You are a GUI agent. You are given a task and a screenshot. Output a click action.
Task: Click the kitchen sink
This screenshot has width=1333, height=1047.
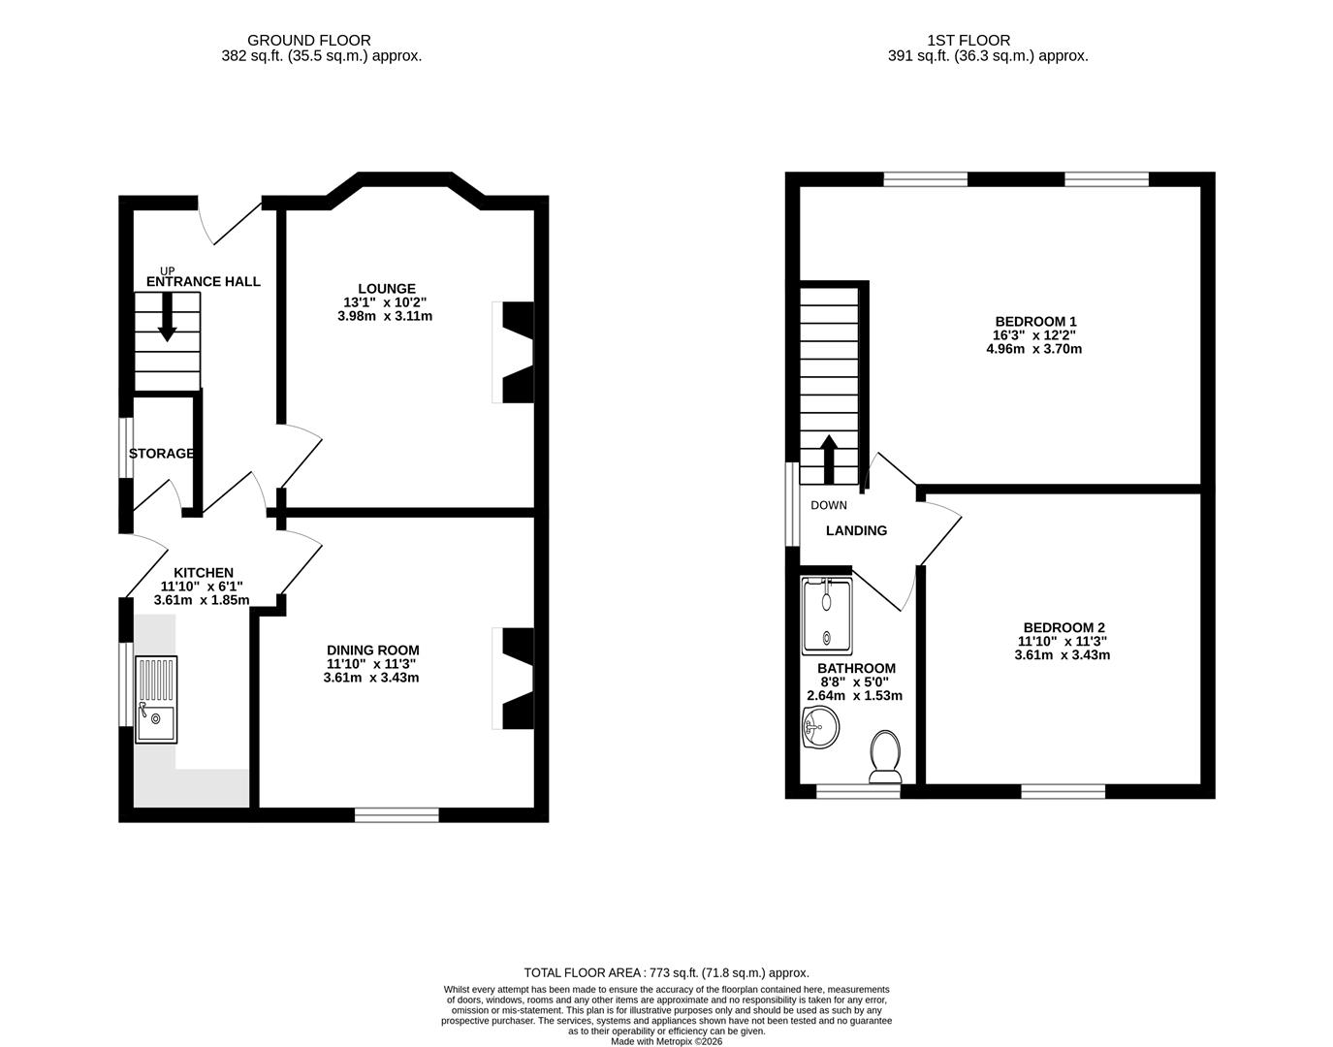(x=156, y=700)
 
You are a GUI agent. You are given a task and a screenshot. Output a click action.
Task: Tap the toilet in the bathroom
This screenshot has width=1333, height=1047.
(x=885, y=757)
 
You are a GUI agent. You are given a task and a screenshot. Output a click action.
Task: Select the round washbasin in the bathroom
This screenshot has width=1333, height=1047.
(x=820, y=727)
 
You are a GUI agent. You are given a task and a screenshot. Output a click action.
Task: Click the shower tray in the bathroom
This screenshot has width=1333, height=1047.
(x=826, y=616)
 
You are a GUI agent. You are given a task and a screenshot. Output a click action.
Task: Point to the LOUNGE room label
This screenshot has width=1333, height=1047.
(x=387, y=288)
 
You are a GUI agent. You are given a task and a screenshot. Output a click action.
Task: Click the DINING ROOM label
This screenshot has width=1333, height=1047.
(x=372, y=650)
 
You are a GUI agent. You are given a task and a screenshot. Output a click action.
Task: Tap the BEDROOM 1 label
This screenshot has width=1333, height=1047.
(x=1035, y=322)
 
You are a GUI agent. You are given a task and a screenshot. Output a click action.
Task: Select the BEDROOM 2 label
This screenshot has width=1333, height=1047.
(x=1063, y=627)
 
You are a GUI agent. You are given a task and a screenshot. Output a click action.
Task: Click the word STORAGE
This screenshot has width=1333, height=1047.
(x=161, y=454)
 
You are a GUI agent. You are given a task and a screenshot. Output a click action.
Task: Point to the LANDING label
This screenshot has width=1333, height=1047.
(x=856, y=530)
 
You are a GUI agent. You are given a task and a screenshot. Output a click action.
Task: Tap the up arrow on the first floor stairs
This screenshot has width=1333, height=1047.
(x=829, y=459)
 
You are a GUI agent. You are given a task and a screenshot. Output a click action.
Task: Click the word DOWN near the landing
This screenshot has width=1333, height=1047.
(x=828, y=505)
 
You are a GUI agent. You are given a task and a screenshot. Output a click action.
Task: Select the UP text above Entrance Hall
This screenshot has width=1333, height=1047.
(x=167, y=271)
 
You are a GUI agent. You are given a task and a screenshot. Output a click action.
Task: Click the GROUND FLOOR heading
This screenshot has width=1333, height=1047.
(x=308, y=41)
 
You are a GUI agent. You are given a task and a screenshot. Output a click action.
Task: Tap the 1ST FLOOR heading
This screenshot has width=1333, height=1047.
(x=968, y=41)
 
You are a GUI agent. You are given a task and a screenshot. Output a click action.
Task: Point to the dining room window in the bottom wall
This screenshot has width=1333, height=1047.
(x=397, y=814)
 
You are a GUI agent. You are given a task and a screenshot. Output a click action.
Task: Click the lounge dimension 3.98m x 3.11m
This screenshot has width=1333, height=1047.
(x=385, y=316)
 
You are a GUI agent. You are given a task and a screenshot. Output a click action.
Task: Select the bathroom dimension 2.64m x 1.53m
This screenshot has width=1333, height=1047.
(x=854, y=696)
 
